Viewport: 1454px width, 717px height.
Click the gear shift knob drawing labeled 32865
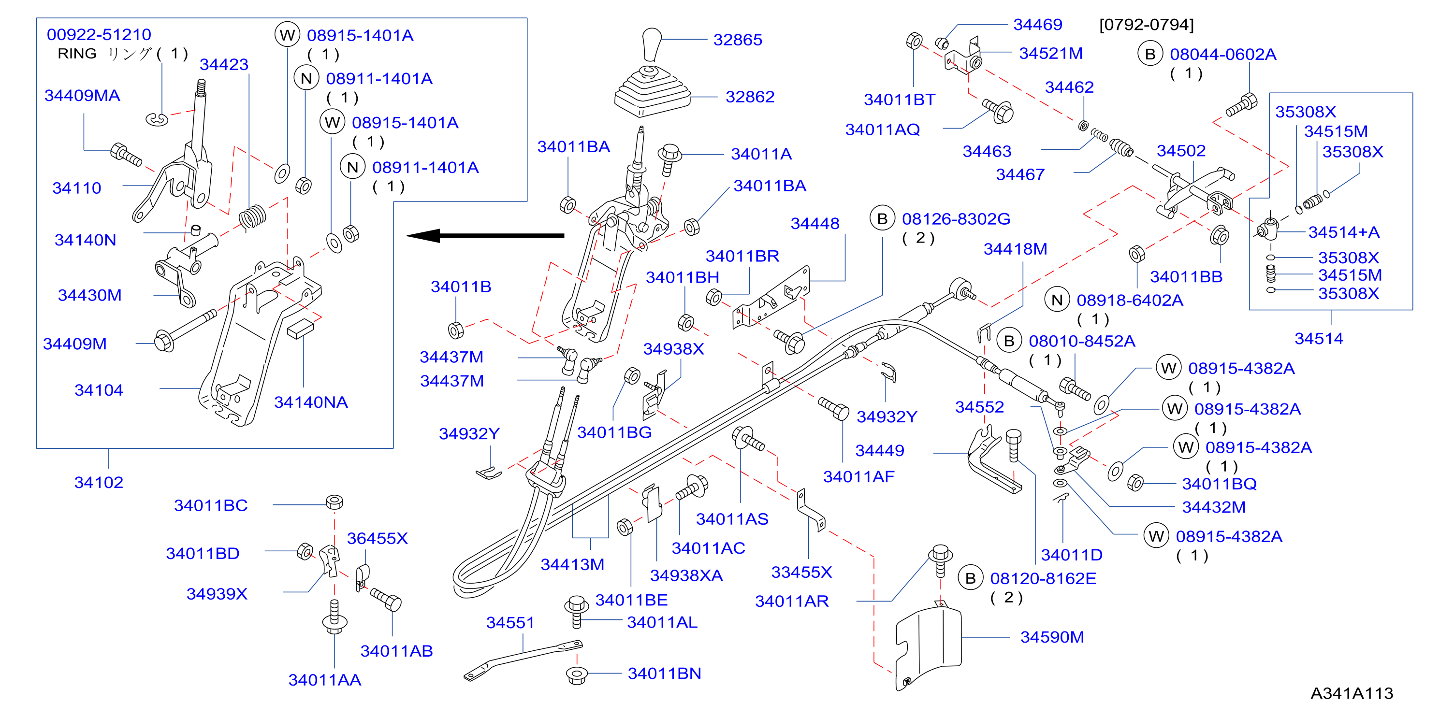tap(652, 44)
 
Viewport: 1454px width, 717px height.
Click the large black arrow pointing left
tap(485, 235)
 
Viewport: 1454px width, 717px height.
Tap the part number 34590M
tap(1052, 637)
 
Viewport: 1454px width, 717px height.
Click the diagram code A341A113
tap(1352, 693)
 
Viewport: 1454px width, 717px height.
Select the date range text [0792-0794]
tap(1147, 25)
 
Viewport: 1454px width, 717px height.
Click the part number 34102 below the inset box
tap(99, 482)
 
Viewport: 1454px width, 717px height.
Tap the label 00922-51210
tap(99, 34)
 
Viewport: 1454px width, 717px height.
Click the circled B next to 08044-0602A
tap(1150, 54)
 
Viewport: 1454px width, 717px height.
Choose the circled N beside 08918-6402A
tap(1057, 300)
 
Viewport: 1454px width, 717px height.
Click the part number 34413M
tap(572, 564)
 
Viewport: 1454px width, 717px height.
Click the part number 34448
tap(815, 223)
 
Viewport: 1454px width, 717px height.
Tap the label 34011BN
tap(664, 673)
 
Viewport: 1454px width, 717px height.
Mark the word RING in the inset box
tap(77, 54)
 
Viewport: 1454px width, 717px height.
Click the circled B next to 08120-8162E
tap(970, 578)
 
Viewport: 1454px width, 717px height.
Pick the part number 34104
tap(99, 390)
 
